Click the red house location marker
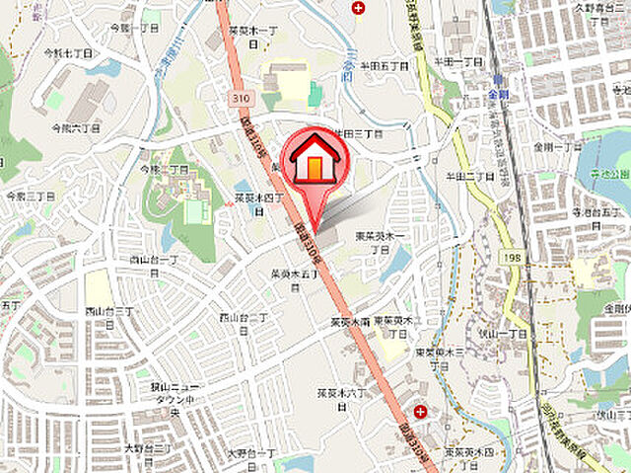pos(314,158)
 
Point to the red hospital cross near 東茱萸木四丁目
pos(421,410)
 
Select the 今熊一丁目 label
pos(134,29)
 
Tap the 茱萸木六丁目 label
pos(340,397)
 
